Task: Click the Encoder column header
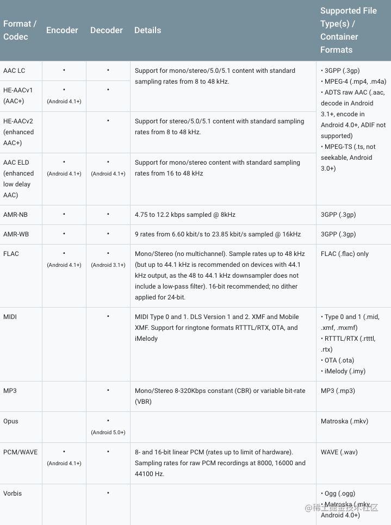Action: pyautogui.click(x=62, y=30)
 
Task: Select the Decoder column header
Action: pyautogui.click(x=106, y=30)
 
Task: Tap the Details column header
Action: pyautogui.click(x=147, y=30)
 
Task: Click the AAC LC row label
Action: pyautogui.click(x=14, y=71)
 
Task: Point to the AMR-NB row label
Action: pyautogui.click(x=15, y=215)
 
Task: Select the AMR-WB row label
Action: pyautogui.click(x=15, y=234)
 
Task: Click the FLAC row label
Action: pyautogui.click(x=11, y=254)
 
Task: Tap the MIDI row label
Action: pyautogui.click(x=10, y=317)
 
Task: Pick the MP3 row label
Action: pyautogui.click(x=10, y=391)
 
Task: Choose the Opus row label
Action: pyautogui.click(x=11, y=421)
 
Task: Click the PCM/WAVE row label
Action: pyautogui.click(x=20, y=452)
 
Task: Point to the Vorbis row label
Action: pyautogui.click(x=12, y=493)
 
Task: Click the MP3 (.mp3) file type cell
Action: pyautogui.click(x=338, y=391)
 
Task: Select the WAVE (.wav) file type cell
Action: pyautogui.click(x=339, y=452)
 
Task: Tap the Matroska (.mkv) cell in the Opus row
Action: pyautogui.click(x=342, y=421)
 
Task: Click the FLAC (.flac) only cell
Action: pyautogui.click(x=345, y=254)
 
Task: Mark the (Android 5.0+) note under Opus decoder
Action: pyautogui.click(x=108, y=432)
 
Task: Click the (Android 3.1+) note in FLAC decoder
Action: pyautogui.click(x=108, y=265)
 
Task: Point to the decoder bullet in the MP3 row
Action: pyautogui.click(x=108, y=390)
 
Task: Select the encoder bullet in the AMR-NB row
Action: pyautogui.click(x=64, y=214)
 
